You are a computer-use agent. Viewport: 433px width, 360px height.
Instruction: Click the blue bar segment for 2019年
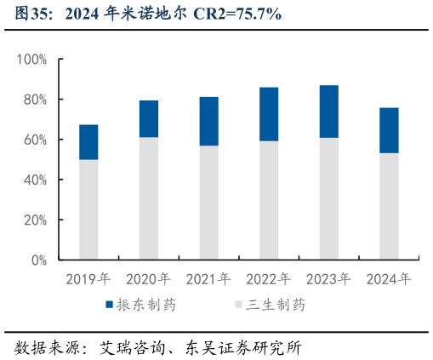tap(88, 142)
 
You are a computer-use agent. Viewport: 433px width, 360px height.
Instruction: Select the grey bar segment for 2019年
tap(88, 209)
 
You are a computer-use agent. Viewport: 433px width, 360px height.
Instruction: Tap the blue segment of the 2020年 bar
tap(149, 119)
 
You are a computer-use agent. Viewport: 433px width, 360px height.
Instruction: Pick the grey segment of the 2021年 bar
tap(209, 203)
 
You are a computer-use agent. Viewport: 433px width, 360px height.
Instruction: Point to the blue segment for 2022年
tap(269, 114)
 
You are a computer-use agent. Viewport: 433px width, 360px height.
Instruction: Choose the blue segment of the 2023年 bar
tap(329, 111)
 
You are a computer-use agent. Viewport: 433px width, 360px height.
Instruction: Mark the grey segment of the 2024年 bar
tap(389, 207)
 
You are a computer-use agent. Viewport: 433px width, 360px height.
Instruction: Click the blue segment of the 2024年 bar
tap(389, 130)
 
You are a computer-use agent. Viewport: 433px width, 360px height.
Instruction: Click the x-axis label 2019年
tap(88, 279)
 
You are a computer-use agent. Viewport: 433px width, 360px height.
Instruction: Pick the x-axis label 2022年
tap(269, 279)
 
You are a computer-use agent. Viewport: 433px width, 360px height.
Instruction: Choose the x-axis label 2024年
tap(389, 279)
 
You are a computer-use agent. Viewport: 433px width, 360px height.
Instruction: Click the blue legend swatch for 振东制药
tap(110, 305)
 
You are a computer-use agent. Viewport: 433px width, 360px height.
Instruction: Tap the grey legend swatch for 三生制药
tap(236, 305)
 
